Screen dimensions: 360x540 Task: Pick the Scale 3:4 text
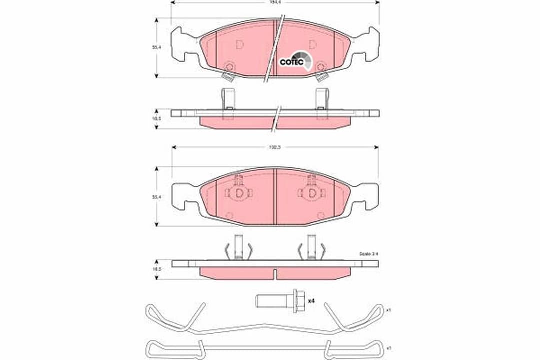(x=369, y=254)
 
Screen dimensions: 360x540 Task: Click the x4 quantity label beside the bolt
(x=311, y=300)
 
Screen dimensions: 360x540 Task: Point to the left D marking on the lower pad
(x=239, y=193)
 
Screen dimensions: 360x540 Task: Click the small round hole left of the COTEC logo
(x=229, y=66)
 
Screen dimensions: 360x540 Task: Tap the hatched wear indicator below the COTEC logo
(x=322, y=77)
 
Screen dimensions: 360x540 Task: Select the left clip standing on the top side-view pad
(x=228, y=100)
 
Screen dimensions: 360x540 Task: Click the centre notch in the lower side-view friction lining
(x=275, y=273)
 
